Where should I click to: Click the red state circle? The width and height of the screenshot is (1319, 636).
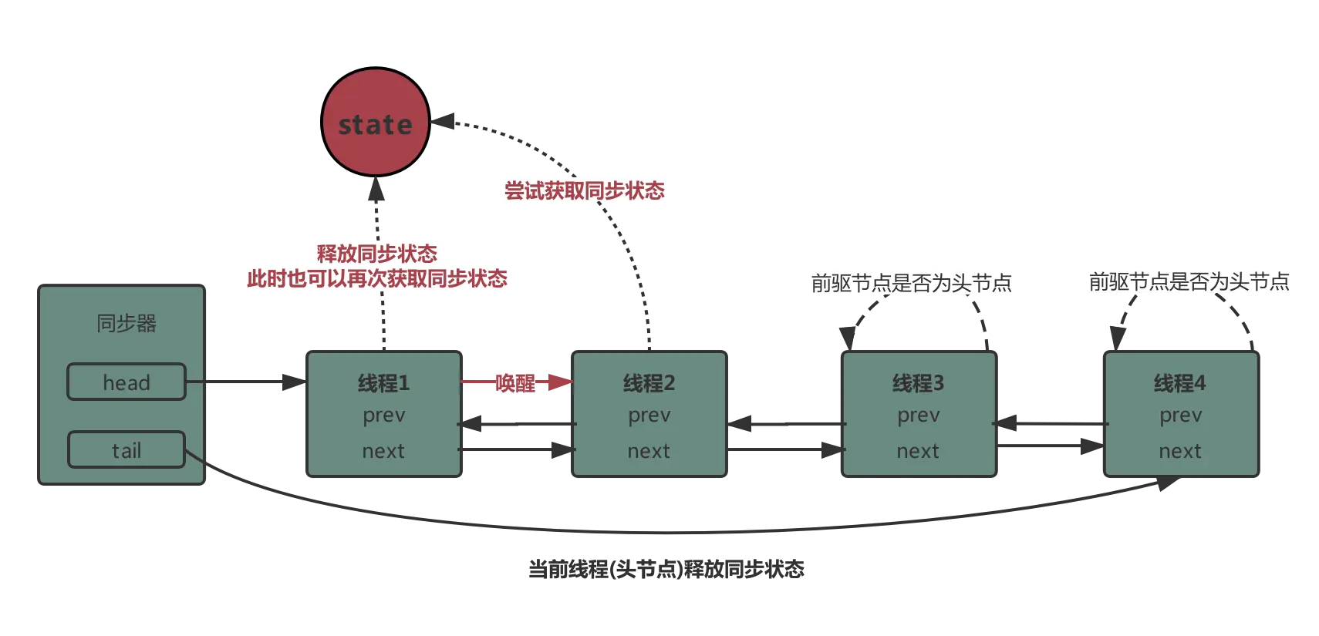(376, 123)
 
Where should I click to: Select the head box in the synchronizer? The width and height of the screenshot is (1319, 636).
(127, 382)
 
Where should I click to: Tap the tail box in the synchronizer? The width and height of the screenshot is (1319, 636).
(127, 450)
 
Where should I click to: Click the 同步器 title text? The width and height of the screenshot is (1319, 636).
(127, 323)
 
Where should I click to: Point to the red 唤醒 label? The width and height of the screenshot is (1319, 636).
(515, 382)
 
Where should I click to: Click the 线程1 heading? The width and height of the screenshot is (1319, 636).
(383, 382)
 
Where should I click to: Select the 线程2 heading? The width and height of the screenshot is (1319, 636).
(649, 382)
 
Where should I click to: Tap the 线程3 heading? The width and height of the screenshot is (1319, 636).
(918, 382)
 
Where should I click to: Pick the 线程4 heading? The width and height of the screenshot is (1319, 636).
(1179, 382)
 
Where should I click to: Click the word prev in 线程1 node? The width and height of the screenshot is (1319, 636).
(383, 416)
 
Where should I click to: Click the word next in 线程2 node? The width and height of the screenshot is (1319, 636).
(649, 451)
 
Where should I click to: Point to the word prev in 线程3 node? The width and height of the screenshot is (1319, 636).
(918, 416)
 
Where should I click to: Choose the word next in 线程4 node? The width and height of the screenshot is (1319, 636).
(1179, 451)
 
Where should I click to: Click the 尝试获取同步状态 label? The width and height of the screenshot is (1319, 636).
(584, 190)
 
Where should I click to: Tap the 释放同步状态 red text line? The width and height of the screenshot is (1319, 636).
(377, 254)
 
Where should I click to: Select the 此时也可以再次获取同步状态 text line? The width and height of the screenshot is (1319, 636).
(377, 278)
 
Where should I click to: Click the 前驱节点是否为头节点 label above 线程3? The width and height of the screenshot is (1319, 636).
(910, 283)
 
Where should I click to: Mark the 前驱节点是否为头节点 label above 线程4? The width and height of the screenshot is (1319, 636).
(1188, 281)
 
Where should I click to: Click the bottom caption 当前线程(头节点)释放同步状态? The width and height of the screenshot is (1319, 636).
(666, 569)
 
